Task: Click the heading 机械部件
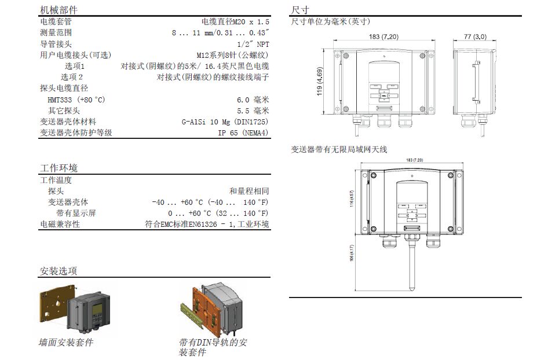[59, 10]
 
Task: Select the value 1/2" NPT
[253, 44]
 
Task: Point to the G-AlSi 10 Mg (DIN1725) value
[225, 122]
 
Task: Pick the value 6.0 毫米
[253, 100]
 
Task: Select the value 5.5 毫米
[253, 111]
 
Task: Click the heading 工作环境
[59, 168]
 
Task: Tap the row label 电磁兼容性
[60, 224]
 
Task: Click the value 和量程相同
[249, 191]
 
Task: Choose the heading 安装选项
[59, 271]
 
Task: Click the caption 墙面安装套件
[66, 342]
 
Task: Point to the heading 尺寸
[299, 10]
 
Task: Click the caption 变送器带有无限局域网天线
[339, 149]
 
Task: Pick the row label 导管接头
[56, 44]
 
